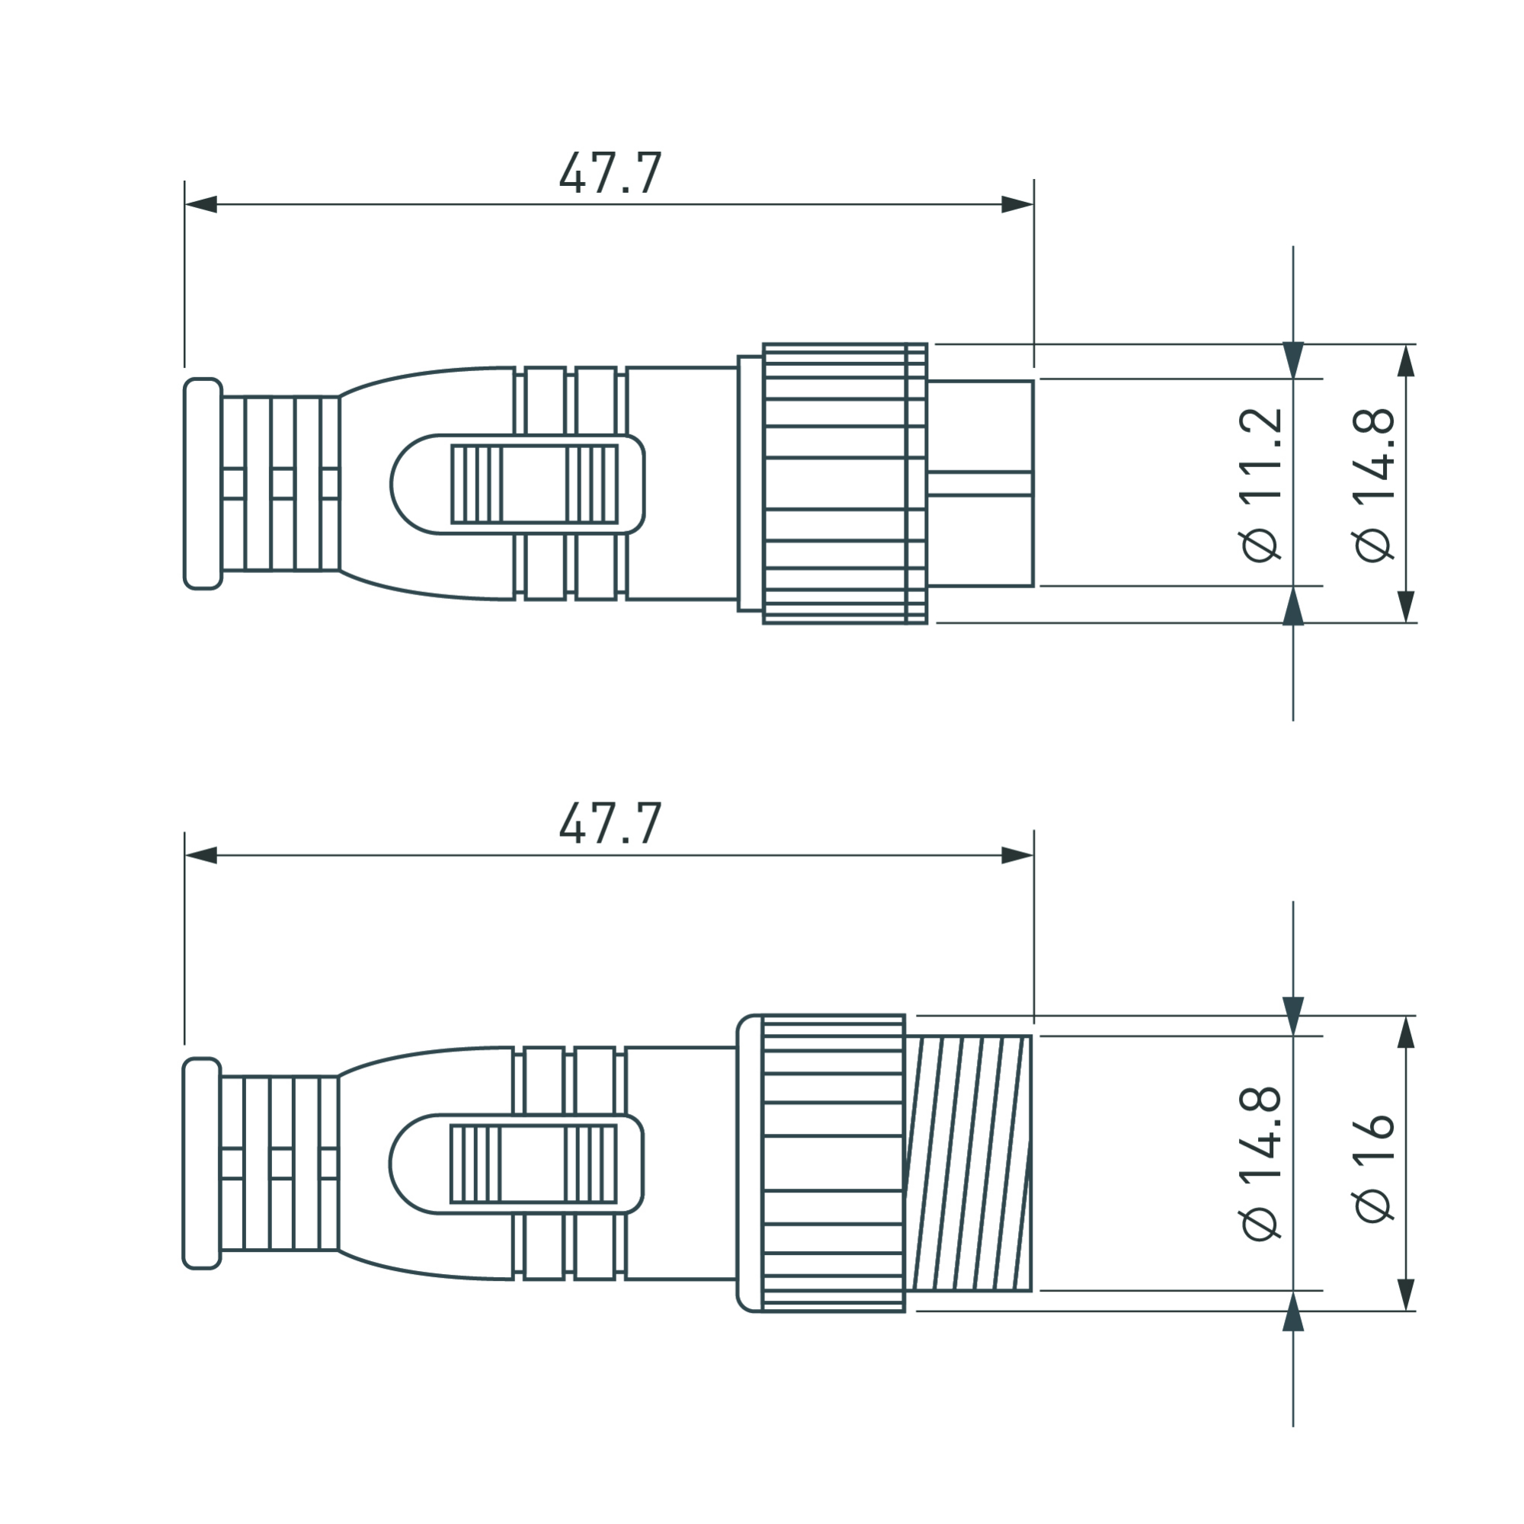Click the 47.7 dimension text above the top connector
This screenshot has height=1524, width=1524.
(x=610, y=173)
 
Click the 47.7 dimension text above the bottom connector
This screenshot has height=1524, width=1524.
(x=610, y=824)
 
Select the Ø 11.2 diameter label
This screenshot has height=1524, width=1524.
(x=1260, y=485)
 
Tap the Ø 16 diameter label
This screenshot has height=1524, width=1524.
(x=1374, y=1167)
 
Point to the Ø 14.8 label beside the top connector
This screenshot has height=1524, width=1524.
(x=1374, y=485)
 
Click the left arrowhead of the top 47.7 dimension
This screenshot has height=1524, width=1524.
(x=200, y=204)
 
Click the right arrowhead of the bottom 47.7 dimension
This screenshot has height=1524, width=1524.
(x=1017, y=855)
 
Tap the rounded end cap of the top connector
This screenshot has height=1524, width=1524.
(x=203, y=484)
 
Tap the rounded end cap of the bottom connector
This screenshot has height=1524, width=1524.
(x=201, y=1163)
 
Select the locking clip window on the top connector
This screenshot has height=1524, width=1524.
(x=534, y=484)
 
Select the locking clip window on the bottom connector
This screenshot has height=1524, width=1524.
(x=533, y=1163)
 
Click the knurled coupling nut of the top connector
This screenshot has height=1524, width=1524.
(x=844, y=484)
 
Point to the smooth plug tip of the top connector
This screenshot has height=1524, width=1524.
(x=981, y=484)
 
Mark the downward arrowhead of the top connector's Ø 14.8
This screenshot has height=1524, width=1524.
(x=1406, y=607)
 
